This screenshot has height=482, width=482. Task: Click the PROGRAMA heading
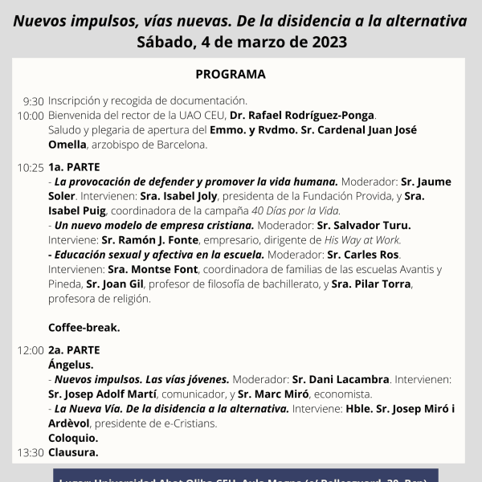pos(231,75)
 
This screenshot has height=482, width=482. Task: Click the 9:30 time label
pos(33,101)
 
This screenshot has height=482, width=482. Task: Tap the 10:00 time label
pos(31,116)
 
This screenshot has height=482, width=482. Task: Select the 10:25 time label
pos(31,168)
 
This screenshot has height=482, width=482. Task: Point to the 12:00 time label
pos(31,350)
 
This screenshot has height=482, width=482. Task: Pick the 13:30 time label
pos(31,452)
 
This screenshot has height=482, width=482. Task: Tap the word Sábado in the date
pos(165,42)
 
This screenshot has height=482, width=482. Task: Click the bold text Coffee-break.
pos(84,327)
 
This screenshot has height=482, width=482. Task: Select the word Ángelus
pos(71,365)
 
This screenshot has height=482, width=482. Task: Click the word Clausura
pos(73,452)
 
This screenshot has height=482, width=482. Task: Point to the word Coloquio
pos(73,438)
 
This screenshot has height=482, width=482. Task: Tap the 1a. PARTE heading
pos(74,167)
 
